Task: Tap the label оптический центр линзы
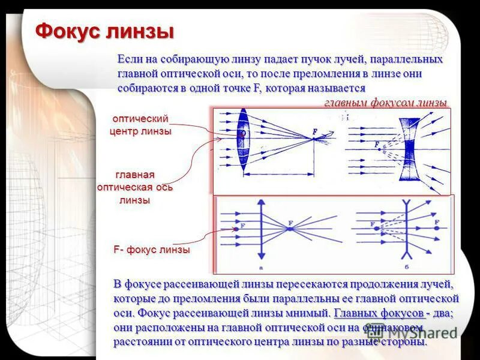tap(140, 125)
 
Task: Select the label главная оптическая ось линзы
tap(135, 187)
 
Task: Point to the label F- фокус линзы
tap(151, 250)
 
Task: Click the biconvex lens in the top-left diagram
tap(243, 140)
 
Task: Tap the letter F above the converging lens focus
tap(314, 132)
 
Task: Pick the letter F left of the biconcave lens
tap(376, 145)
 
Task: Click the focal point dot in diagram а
tap(290, 229)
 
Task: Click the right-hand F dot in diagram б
tap(437, 229)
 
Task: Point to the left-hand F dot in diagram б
tap(373, 229)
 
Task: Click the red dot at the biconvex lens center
tap(242, 134)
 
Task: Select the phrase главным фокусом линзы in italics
tap(385, 103)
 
